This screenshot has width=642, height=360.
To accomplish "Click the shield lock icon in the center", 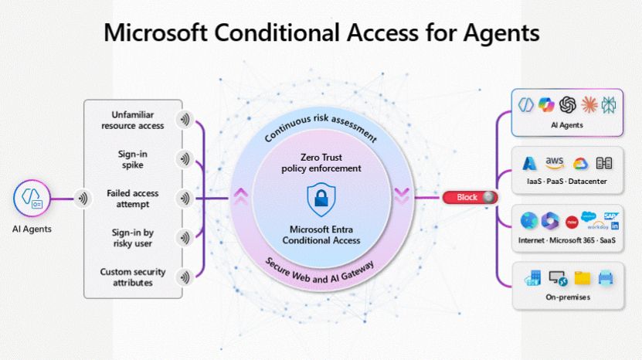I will tap(321, 200).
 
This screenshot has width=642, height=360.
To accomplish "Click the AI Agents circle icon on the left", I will tap(32, 199).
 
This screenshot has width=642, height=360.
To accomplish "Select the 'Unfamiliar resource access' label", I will tap(133, 120).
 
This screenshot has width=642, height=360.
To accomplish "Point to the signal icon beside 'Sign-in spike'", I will tap(184, 159).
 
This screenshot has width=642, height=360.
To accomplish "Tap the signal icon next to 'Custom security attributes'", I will tap(184, 277).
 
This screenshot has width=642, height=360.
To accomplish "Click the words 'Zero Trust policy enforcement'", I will tap(321, 162).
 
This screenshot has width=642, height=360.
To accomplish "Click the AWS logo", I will tap(555, 162).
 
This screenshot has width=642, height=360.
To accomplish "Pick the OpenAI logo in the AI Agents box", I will tap(568, 104).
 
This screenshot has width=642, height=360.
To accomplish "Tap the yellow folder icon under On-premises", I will tap(582, 277).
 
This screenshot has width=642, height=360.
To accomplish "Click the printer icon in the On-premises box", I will tap(606, 277).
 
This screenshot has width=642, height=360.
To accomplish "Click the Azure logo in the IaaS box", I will tap(531, 163).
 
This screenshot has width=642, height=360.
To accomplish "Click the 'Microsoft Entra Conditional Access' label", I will tap(321, 235).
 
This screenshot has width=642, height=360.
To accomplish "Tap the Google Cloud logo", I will tap(580, 163).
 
